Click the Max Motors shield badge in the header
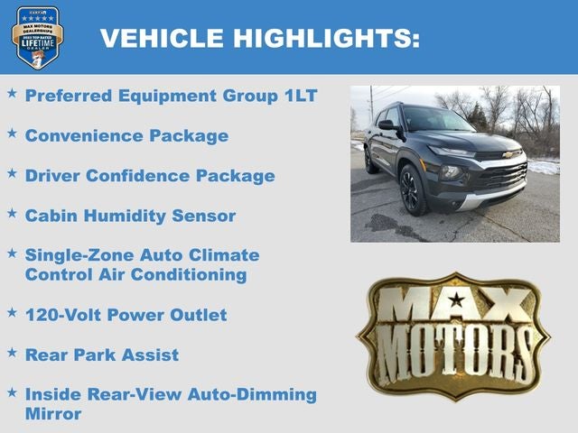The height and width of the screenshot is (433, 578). (x=38, y=37)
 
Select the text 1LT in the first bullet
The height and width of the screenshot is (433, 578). (x=298, y=96)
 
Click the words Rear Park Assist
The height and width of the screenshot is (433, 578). (x=101, y=355)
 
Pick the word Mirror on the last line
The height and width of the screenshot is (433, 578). (x=53, y=414)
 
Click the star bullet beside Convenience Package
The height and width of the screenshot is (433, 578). (x=12, y=133)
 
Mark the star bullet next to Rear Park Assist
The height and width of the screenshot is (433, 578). (x=12, y=351)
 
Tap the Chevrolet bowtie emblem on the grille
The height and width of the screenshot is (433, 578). (x=508, y=154)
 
